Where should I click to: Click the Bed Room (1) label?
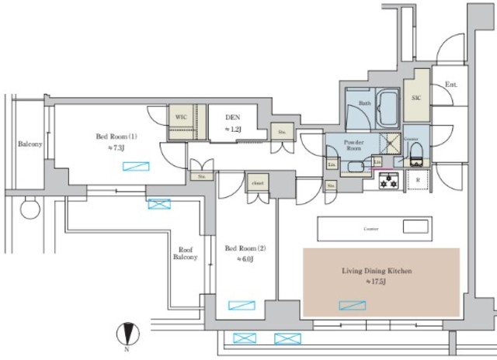tap(116, 136)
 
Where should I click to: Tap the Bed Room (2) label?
tap(245, 248)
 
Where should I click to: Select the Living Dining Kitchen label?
tap(376, 272)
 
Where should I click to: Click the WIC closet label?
tap(181, 116)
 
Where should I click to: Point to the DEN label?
tap(231, 118)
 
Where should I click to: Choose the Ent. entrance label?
tap(450, 85)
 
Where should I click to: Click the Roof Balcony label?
tap(185, 252)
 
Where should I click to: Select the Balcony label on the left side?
tap(30, 144)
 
